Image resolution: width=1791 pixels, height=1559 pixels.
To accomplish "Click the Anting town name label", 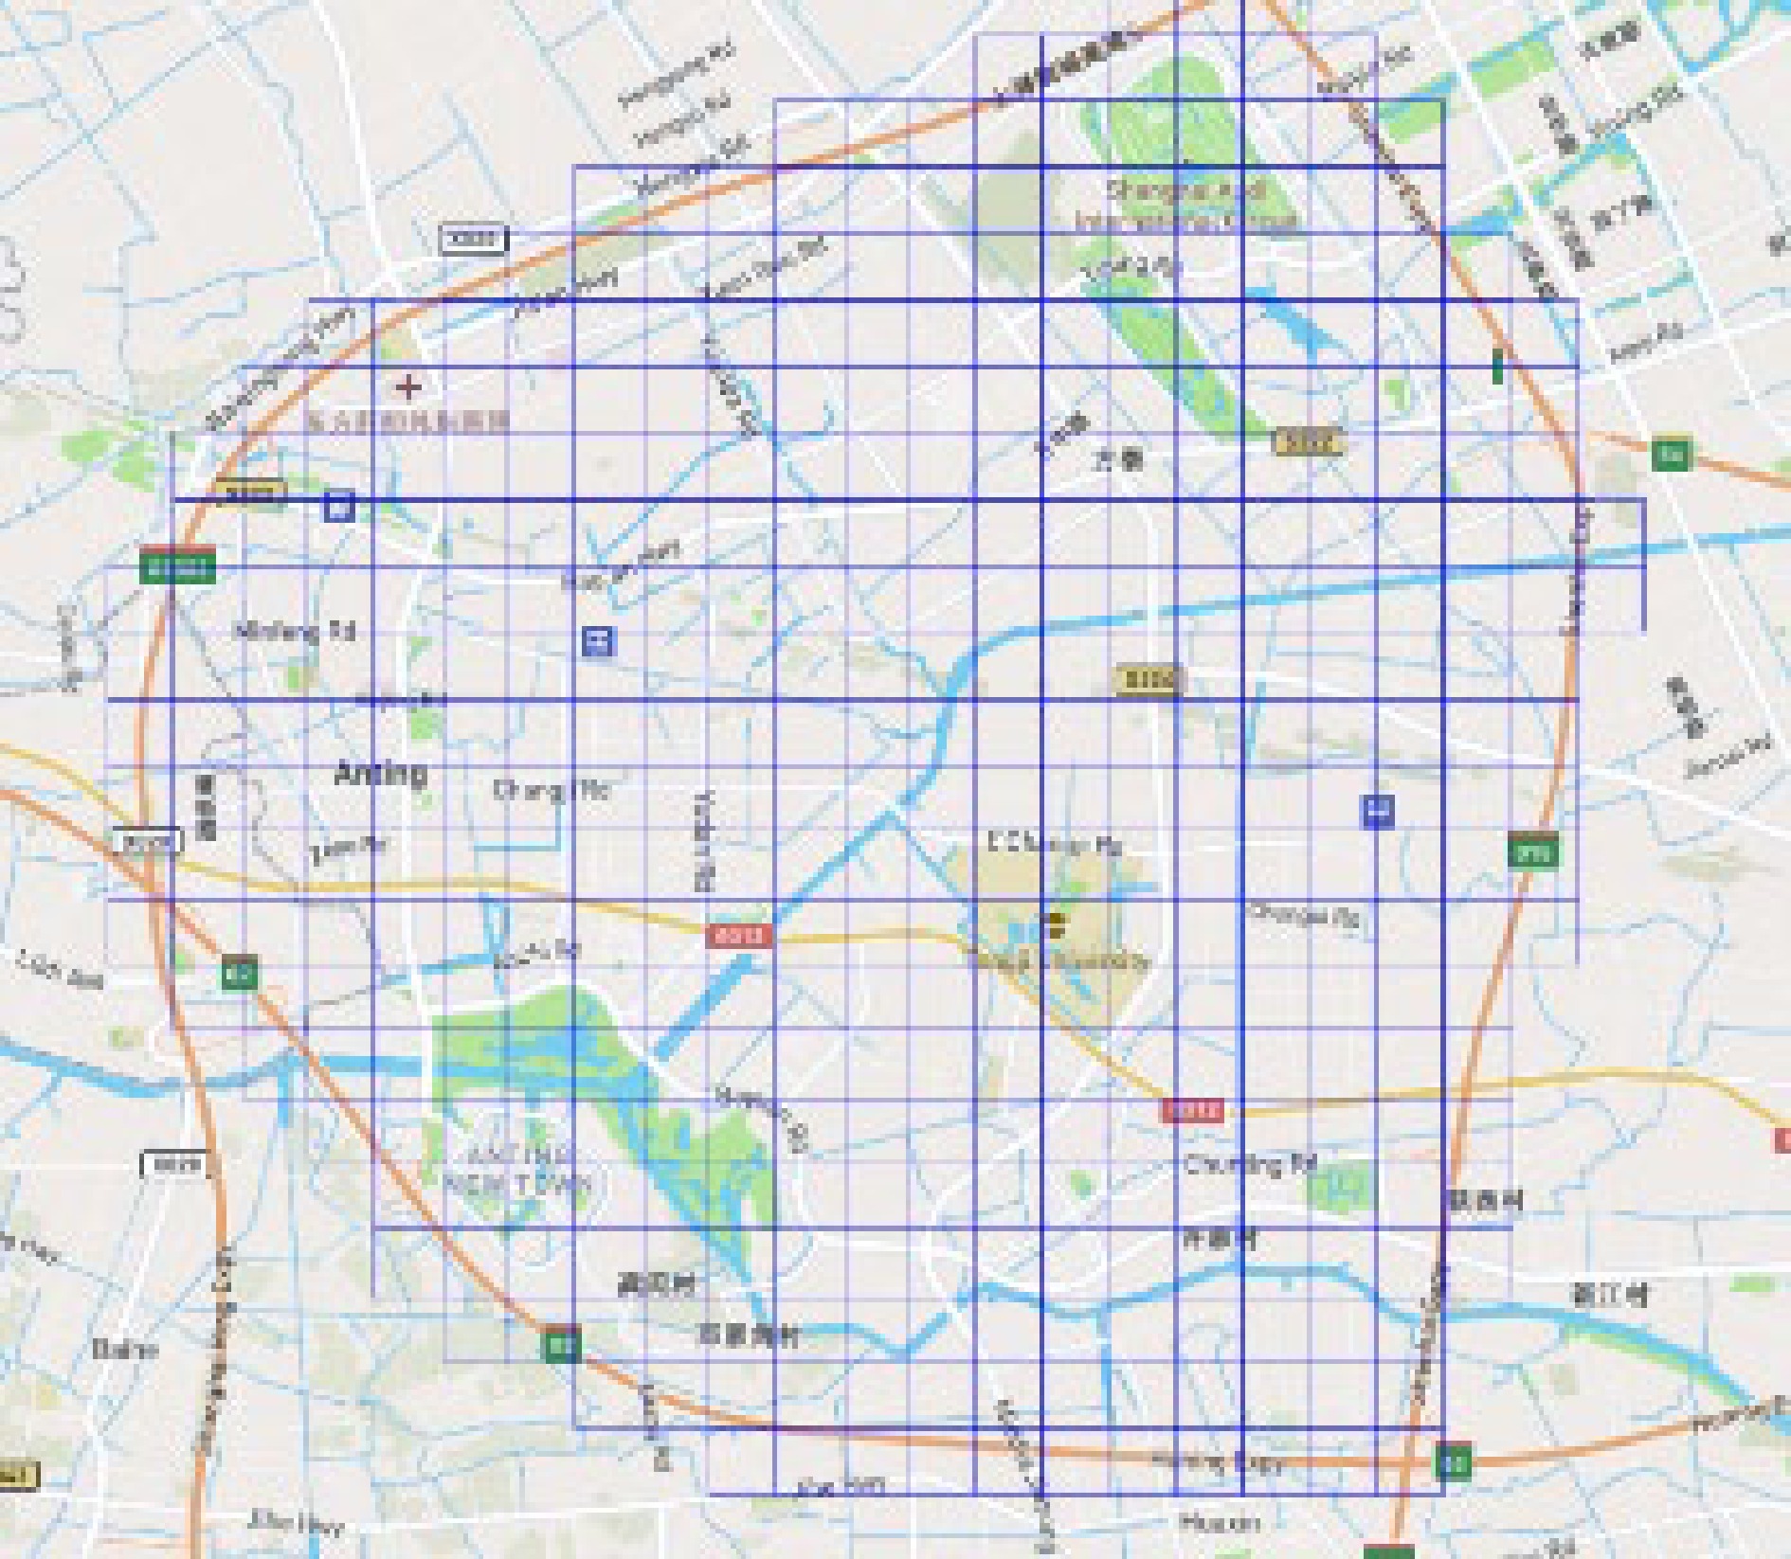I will click(381, 774).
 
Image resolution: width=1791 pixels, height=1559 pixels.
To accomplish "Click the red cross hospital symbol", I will click(408, 386).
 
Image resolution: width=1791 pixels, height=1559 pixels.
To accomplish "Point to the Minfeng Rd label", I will click(295, 631).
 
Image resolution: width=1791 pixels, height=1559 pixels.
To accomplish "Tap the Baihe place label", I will click(125, 1349).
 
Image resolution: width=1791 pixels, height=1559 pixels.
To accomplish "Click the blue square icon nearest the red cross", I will click(339, 506).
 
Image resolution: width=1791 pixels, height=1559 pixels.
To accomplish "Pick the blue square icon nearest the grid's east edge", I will click(1378, 811).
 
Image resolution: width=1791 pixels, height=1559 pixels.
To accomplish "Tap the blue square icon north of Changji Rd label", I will click(598, 641).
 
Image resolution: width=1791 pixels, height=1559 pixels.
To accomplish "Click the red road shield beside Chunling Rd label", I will click(1192, 1111).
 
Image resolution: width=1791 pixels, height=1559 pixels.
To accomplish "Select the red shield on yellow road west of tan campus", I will click(738, 937).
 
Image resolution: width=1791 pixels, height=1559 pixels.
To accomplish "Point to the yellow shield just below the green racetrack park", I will click(1308, 441).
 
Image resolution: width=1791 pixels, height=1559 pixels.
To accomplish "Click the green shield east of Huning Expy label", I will click(1452, 1460).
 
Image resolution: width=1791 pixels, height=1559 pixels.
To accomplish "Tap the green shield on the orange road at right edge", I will click(1670, 455).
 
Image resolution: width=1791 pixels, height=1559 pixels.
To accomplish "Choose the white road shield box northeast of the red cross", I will click(475, 240).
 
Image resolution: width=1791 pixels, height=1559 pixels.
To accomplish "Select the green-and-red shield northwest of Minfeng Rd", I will click(177, 566).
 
